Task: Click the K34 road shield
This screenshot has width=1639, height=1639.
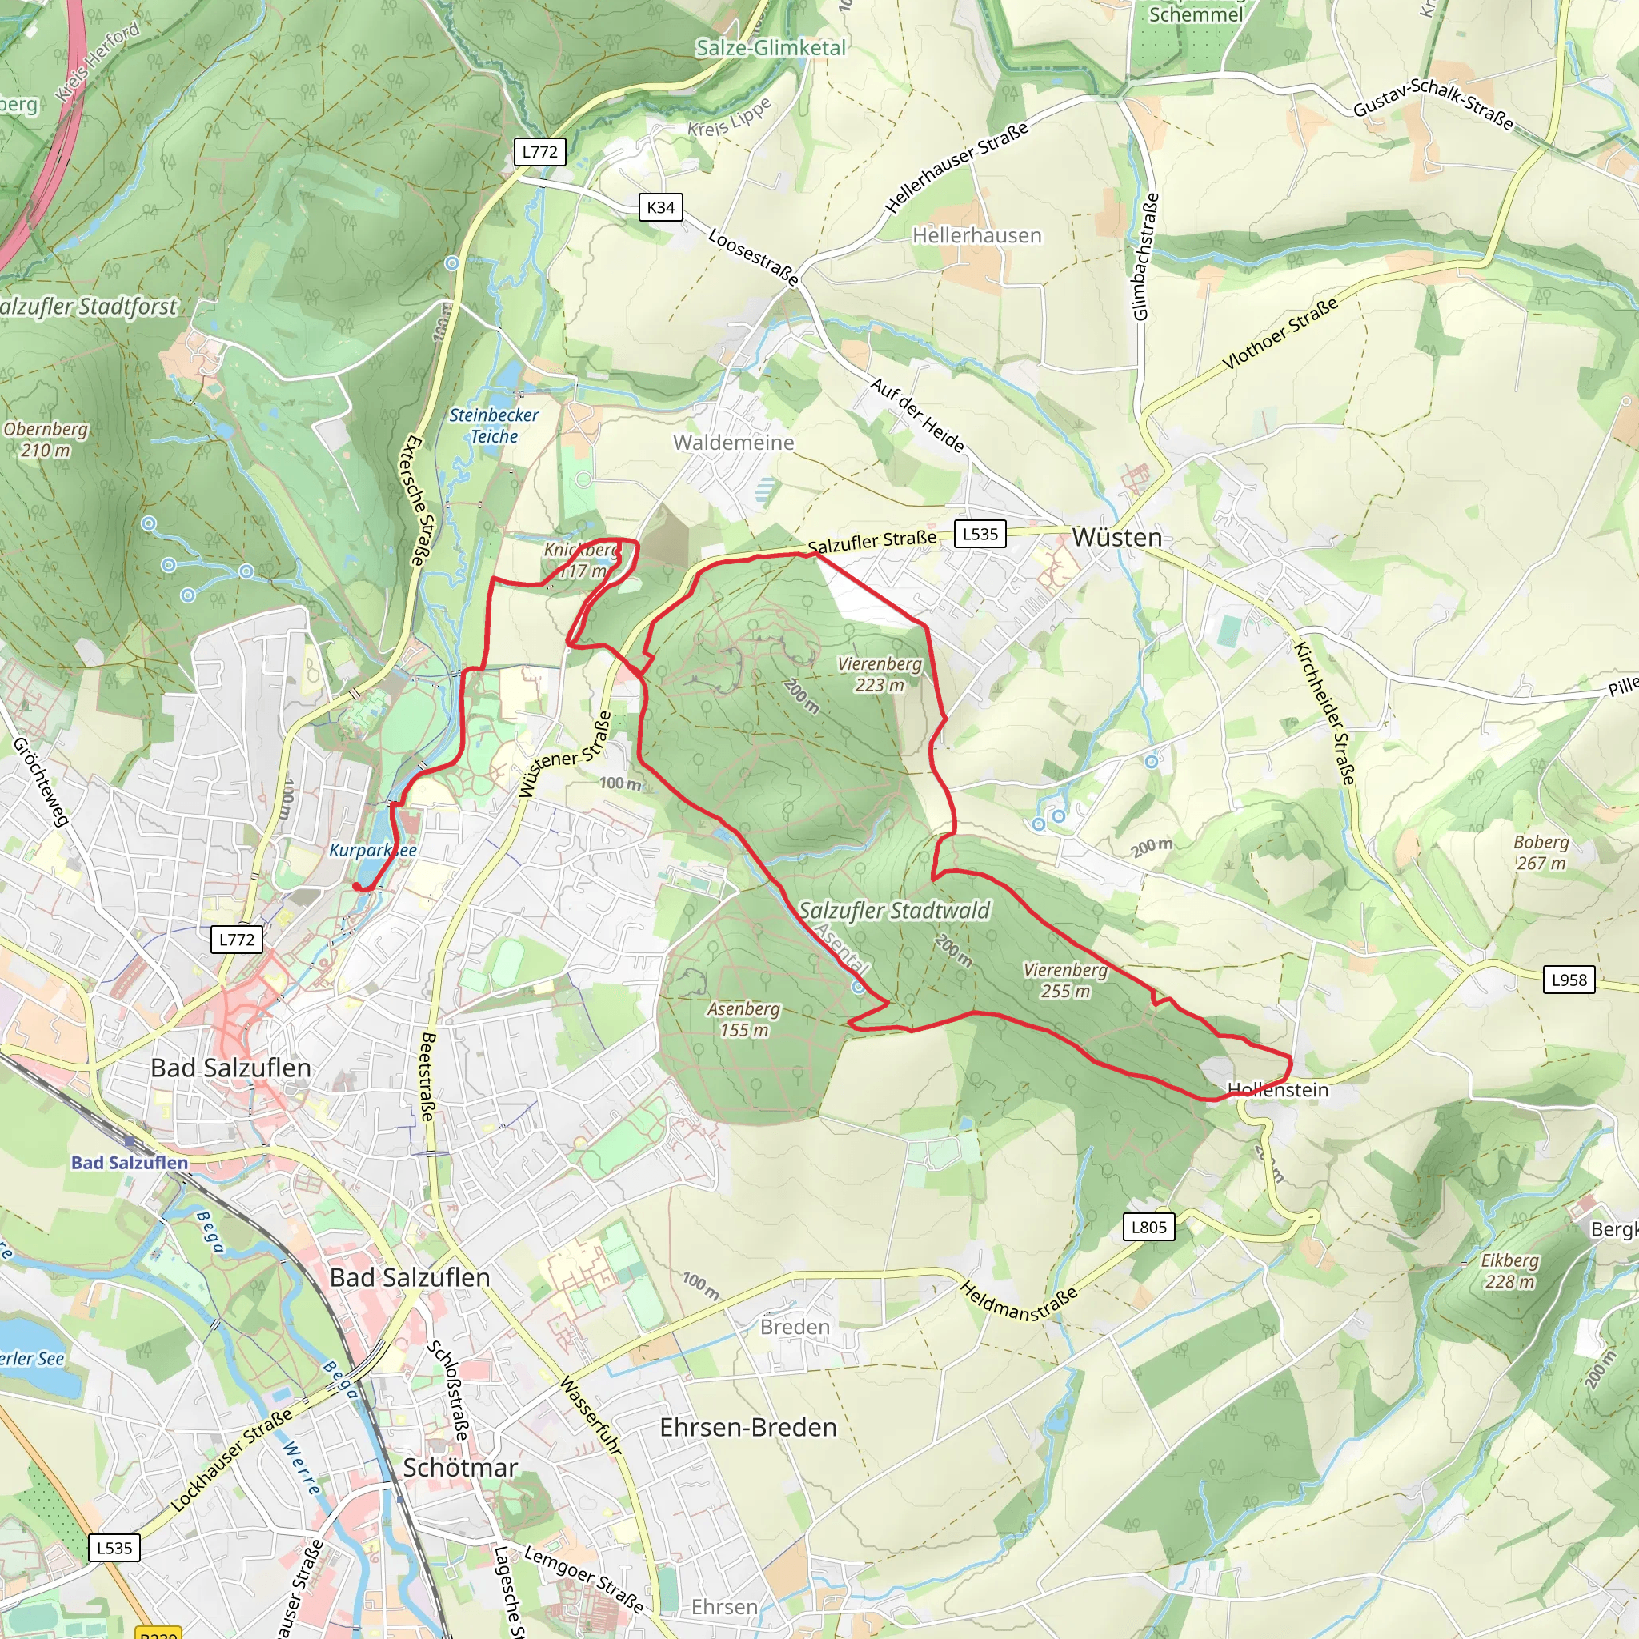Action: pyautogui.click(x=661, y=207)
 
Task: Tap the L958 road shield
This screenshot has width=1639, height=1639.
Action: pyautogui.click(x=1569, y=980)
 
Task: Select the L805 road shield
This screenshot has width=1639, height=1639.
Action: pyautogui.click(x=1148, y=1227)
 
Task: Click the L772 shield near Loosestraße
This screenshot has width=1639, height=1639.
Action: pyautogui.click(x=539, y=152)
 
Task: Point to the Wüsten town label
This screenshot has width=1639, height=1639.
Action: pyautogui.click(x=1116, y=538)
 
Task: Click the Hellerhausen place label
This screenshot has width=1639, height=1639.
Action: pyautogui.click(x=976, y=235)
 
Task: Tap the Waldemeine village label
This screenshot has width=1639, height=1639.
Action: pyautogui.click(x=734, y=442)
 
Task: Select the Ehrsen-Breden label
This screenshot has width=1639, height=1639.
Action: pyautogui.click(x=748, y=1427)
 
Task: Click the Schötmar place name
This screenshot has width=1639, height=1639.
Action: pyautogui.click(x=460, y=1468)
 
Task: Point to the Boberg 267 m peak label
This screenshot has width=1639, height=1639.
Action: pyautogui.click(x=1541, y=852)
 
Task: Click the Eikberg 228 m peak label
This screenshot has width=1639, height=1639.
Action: pyautogui.click(x=1509, y=1271)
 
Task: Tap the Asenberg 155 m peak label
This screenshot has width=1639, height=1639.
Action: pyautogui.click(x=744, y=1020)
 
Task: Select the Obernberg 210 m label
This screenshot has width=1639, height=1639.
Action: pyautogui.click(x=46, y=439)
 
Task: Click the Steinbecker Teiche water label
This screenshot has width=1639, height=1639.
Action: pyautogui.click(x=494, y=425)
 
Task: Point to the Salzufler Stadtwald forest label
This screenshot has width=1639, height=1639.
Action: pyautogui.click(x=894, y=910)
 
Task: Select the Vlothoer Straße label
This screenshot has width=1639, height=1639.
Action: pyautogui.click(x=1280, y=335)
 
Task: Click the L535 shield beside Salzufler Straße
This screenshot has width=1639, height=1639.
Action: pyautogui.click(x=980, y=534)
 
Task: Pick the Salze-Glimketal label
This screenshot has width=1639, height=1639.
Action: pyautogui.click(x=771, y=47)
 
